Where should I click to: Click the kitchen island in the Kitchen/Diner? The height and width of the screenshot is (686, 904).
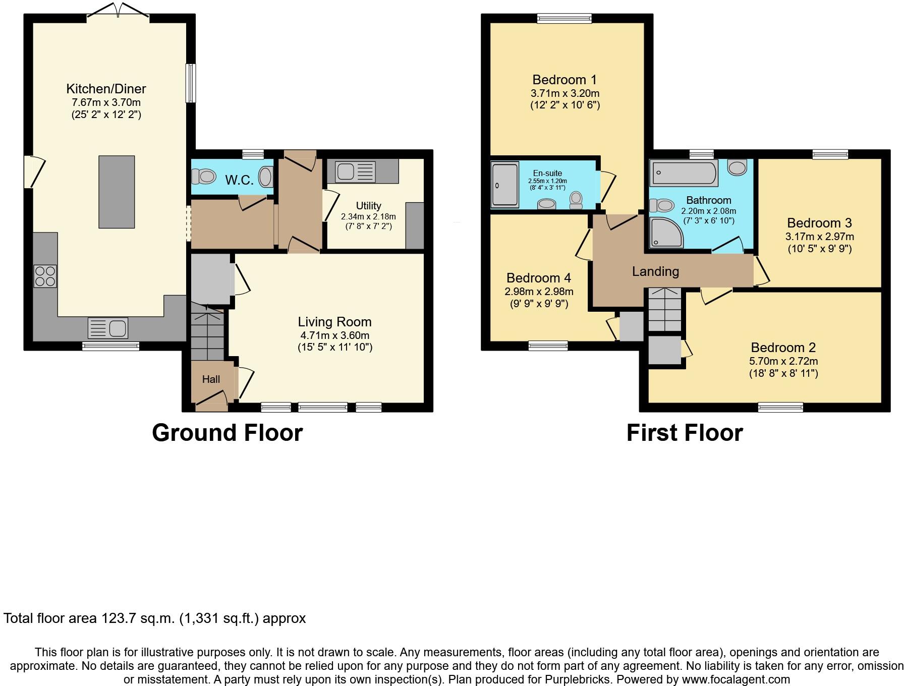(117, 192)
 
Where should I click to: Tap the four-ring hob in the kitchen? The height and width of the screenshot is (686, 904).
(45, 276)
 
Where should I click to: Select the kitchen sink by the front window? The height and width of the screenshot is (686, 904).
(108, 328)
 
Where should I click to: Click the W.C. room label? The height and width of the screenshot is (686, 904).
(239, 180)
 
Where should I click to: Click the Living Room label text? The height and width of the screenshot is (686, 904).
(334, 322)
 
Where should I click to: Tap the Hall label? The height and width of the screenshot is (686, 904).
(211, 379)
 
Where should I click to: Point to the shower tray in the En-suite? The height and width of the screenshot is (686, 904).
(505, 185)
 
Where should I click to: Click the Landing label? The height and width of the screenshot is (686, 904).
(655, 272)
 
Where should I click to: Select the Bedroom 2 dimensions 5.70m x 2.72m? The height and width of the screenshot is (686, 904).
(783, 361)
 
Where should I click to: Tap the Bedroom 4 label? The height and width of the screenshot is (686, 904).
(539, 278)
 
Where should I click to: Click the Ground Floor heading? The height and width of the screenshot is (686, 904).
(227, 433)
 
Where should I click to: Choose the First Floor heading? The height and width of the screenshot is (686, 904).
(685, 433)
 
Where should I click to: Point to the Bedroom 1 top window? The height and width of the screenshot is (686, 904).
(564, 19)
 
